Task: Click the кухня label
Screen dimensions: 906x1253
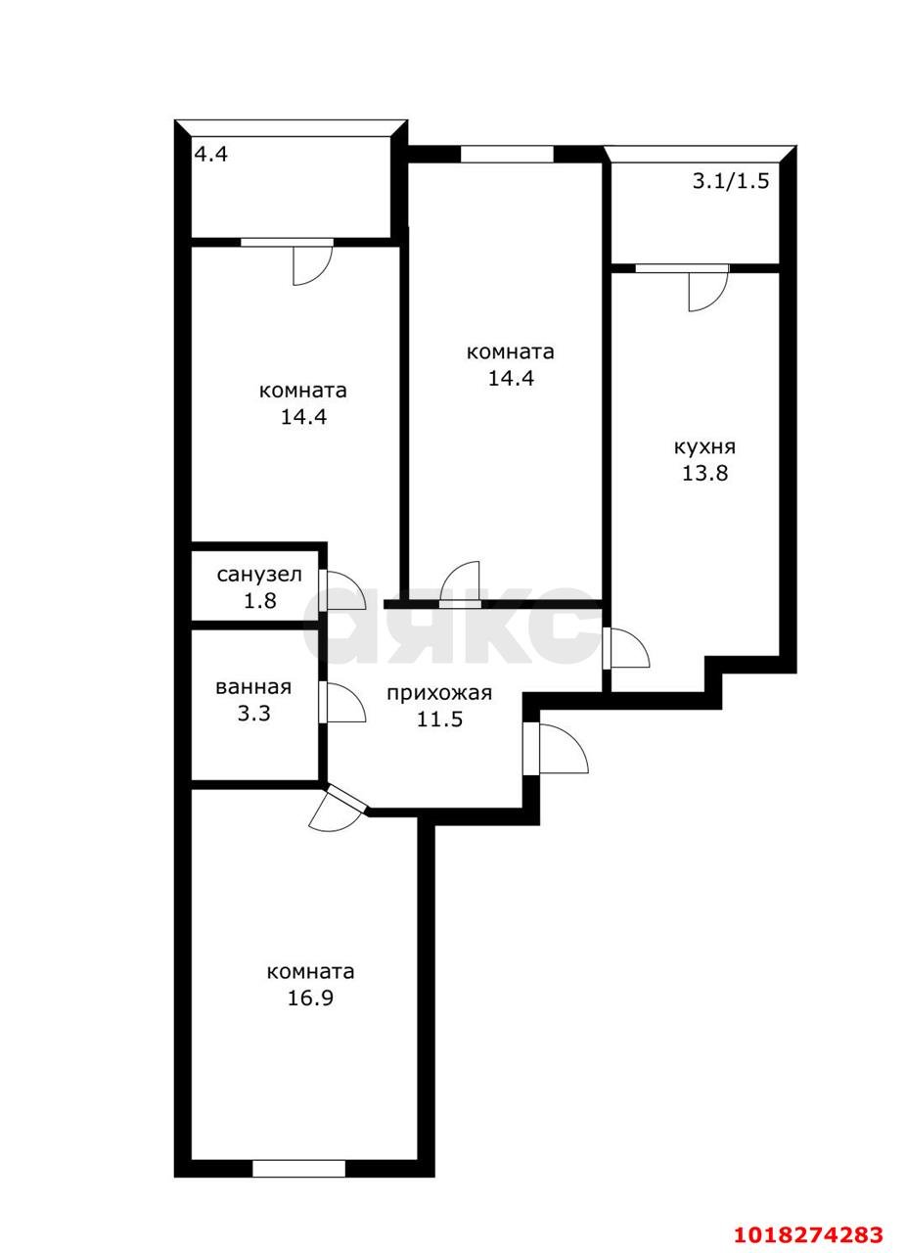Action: (704, 447)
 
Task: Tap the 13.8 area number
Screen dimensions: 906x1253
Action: (704, 473)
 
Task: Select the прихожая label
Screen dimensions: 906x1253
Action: (439, 694)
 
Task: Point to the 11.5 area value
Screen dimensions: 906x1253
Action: (439, 719)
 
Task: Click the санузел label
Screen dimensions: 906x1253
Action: (259, 575)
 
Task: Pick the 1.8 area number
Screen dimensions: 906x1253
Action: (260, 601)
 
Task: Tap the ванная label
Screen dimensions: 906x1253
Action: (253, 687)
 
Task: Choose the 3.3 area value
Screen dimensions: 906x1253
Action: (254, 714)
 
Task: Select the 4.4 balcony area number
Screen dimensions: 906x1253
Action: (210, 154)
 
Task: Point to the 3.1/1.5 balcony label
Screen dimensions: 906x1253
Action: (731, 181)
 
